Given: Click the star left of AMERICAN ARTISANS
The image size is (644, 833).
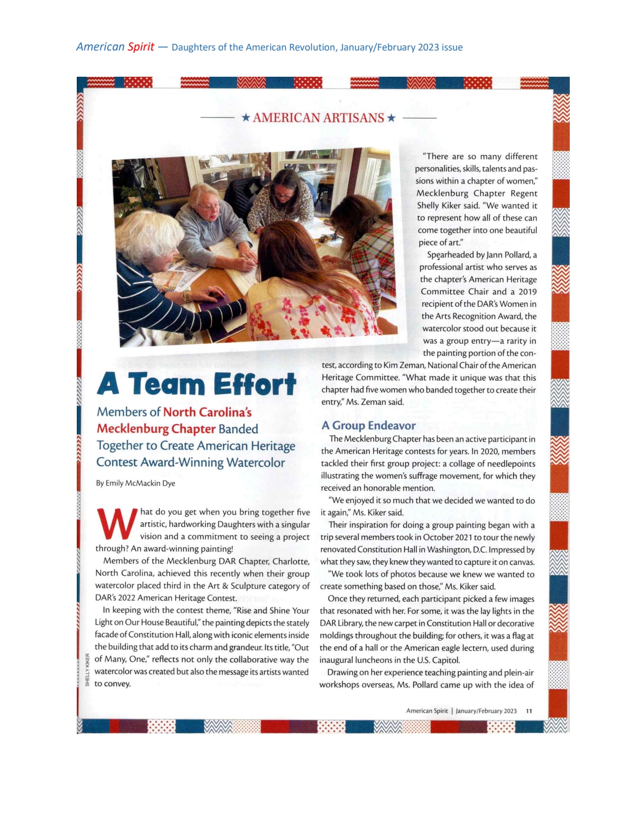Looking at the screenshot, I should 245,118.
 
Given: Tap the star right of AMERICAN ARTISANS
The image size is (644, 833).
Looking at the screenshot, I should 390,118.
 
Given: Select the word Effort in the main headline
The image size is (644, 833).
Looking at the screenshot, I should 255,385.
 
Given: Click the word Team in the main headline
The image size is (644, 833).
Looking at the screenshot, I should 166,385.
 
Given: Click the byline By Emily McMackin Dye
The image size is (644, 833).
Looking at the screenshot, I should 135,483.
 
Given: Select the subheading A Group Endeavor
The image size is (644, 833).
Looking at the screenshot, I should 368,426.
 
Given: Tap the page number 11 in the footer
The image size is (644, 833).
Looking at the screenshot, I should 529,711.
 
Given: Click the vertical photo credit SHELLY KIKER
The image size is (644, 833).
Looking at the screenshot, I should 87,669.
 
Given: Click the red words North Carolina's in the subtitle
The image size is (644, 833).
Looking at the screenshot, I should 207,412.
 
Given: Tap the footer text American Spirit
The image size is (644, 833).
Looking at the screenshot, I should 427,711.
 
